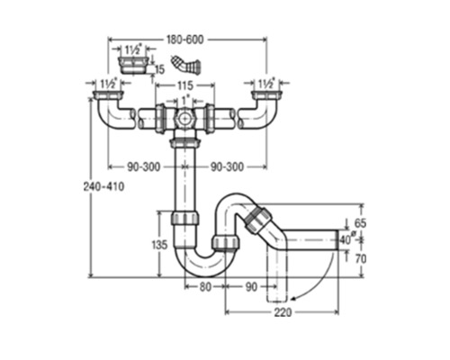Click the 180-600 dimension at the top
point(185,40)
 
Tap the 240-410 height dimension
point(103,186)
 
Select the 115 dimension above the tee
point(185,85)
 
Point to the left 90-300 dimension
point(144,166)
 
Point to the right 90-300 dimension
point(227,166)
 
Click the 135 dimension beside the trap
point(159,245)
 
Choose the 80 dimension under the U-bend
point(205,287)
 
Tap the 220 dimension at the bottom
point(283,312)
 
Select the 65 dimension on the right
point(360,223)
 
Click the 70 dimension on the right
point(361,258)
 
